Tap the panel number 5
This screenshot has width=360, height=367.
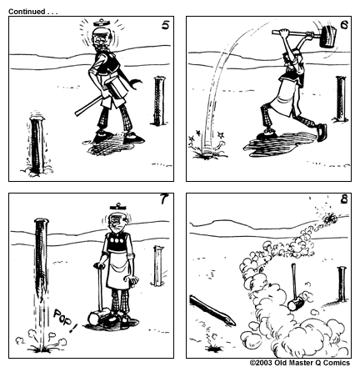165,27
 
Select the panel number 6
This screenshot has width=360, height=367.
344,27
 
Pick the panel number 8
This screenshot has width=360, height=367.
344,201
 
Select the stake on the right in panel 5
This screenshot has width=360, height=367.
157,100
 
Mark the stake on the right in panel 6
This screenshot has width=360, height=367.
340,98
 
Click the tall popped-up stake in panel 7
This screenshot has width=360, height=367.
40,267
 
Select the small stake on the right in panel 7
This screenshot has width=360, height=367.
157,265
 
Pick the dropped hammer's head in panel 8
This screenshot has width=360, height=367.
295,304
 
